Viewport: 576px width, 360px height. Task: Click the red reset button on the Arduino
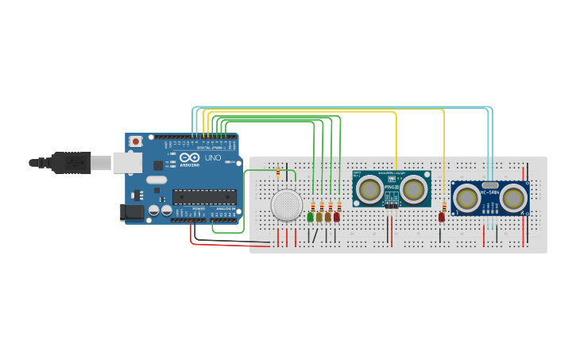tap(136, 141)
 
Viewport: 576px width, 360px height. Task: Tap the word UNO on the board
tap(213, 158)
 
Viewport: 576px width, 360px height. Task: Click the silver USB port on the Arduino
tap(126, 163)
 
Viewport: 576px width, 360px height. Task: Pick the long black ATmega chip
tap(204, 196)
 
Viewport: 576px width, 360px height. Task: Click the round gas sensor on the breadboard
tap(286, 206)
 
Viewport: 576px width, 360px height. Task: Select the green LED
tap(310, 216)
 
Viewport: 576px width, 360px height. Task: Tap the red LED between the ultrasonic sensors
tap(442, 216)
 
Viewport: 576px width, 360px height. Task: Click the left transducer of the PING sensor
tap(368, 188)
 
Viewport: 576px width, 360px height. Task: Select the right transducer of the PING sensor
tap(413, 188)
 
